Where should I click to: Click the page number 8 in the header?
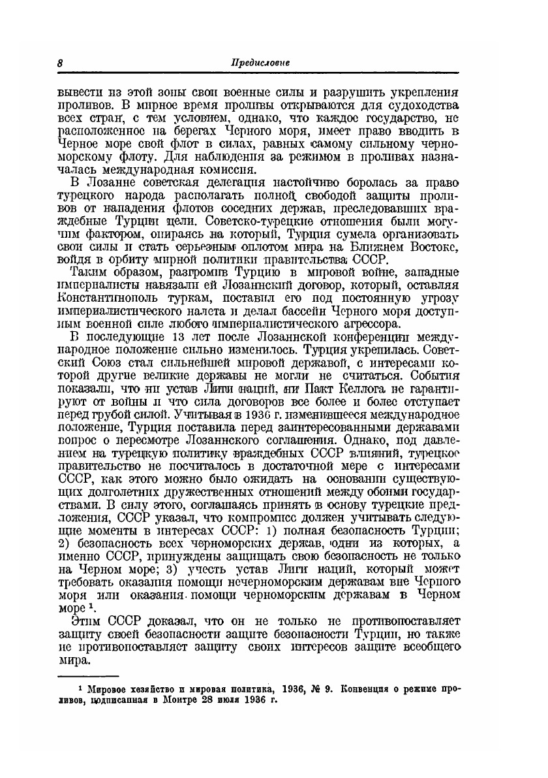[59, 63]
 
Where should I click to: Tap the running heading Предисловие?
[260, 63]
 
